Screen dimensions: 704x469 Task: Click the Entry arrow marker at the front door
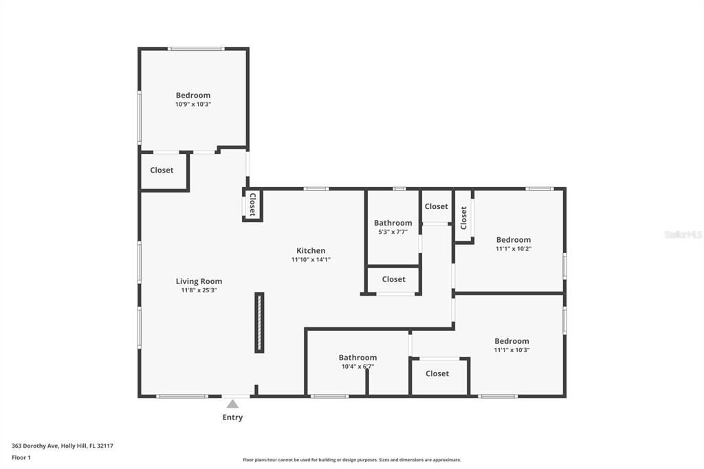232,404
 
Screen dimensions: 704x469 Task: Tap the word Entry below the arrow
232,417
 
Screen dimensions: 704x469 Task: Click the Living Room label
199,281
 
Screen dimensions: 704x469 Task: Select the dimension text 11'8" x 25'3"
199,290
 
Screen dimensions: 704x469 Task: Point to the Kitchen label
311,251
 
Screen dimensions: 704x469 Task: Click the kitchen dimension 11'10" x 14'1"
311,260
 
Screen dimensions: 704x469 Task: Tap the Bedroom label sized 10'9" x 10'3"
193,95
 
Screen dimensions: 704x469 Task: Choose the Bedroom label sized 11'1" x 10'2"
513,240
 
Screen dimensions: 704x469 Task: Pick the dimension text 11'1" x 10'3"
511,350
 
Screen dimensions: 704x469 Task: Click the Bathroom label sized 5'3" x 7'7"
393,223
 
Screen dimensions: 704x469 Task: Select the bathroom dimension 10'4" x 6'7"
357,367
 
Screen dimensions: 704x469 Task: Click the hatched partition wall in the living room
259,323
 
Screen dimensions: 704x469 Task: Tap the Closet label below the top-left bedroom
162,171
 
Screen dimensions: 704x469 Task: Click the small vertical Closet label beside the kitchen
252,204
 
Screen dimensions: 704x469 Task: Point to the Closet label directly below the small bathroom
394,279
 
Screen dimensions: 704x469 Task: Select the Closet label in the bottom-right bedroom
437,374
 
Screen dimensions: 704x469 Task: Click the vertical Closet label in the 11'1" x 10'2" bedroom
464,217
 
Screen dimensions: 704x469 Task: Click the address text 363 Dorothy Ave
35,446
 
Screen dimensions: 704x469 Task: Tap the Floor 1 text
21,458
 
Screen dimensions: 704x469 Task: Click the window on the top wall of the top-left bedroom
196,49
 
